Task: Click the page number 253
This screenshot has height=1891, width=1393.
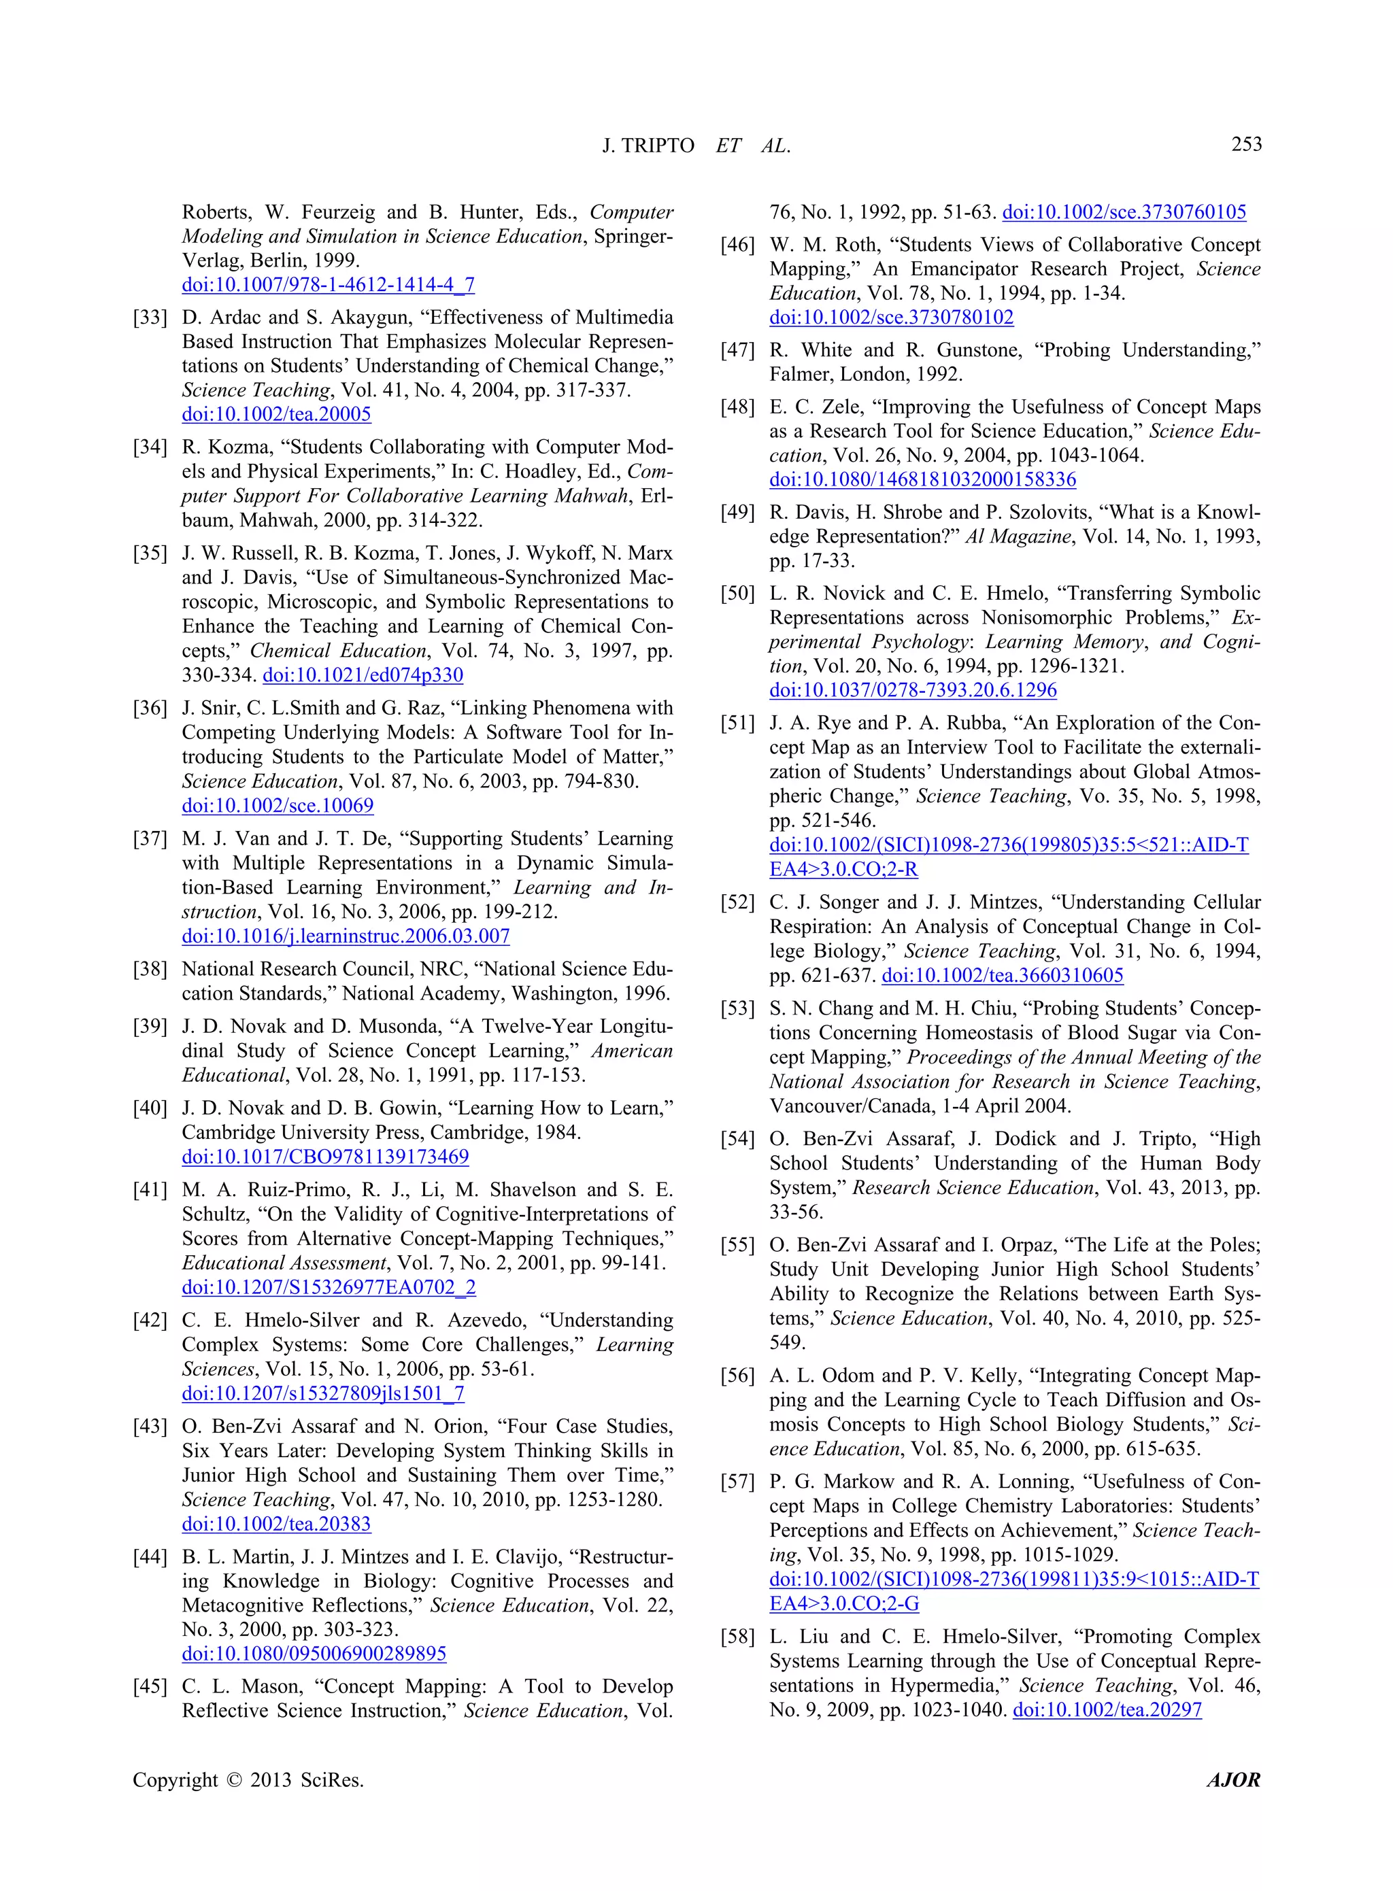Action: pyautogui.click(x=1245, y=144)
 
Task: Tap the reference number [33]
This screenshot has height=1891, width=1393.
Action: pyautogui.click(x=150, y=317)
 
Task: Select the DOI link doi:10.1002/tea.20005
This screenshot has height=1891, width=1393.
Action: pyautogui.click(x=277, y=414)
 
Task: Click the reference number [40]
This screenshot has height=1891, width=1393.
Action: pyautogui.click(x=150, y=1108)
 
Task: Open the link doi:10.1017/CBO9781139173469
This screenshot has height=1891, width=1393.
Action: pyautogui.click(x=326, y=1157)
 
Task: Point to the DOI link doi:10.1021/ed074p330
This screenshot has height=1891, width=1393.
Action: pyautogui.click(x=363, y=675)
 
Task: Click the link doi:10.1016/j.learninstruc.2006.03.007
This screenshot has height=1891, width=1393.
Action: pyautogui.click(x=346, y=936)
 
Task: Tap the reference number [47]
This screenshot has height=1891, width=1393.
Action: pyautogui.click(x=738, y=350)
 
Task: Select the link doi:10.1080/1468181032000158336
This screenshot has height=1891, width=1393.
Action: pyautogui.click(x=922, y=479)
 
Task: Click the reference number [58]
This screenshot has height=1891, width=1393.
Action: pyautogui.click(x=738, y=1637)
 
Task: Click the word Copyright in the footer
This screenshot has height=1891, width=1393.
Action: pyautogui.click(x=175, y=1779)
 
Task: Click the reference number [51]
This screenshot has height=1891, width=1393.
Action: pyautogui.click(x=738, y=723)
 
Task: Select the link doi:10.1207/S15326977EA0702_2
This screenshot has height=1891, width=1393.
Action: pyautogui.click(x=329, y=1287)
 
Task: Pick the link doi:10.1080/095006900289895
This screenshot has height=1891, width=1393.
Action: pyautogui.click(x=314, y=1654)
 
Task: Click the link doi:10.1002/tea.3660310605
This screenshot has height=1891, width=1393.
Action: pyautogui.click(x=1002, y=976)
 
